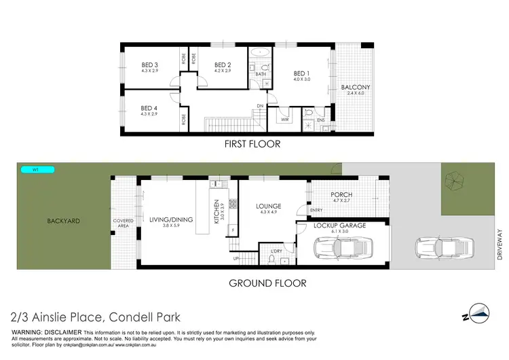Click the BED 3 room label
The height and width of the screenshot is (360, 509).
pos(149,65)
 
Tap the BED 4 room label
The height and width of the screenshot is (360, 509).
pos(149,108)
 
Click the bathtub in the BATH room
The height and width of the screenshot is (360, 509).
pos(259,52)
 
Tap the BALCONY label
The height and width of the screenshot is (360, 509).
pos(355,88)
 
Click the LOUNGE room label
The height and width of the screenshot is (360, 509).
pos(269,206)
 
